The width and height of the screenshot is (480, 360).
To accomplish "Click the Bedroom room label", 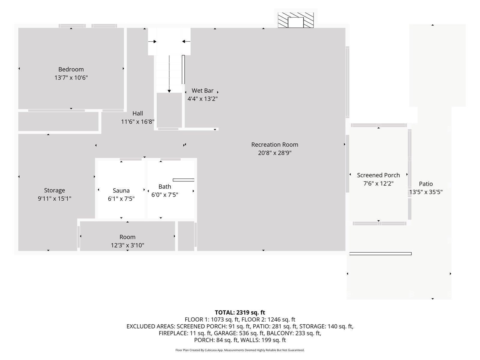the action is pyautogui.click(x=71, y=69).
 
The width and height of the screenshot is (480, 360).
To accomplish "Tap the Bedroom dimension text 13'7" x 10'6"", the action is pyautogui.click(x=71, y=78).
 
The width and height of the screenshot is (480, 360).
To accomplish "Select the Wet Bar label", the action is pyautogui.click(x=202, y=91).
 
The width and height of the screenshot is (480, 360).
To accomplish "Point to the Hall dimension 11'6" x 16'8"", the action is pyautogui.click(x=137, y=121).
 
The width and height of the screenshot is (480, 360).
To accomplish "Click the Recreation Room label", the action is pyautogui.click(x=274, y=145).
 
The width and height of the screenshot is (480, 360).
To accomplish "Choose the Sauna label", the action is pyautogui.click(x=121, y=190).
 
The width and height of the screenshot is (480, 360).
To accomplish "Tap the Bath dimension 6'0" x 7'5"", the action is pyautogui.click(x=165, y=194).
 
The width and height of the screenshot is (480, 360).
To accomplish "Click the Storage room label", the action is pyautogui.click(x=55, y=190).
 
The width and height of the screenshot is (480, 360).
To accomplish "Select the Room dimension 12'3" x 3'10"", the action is pyautogui.click(x=127, y=245).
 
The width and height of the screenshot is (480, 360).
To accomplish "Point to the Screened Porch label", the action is pyautogui.click(x=378, y=175).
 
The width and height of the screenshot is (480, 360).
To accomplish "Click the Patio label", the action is pyautogui.click(x=425, y=184).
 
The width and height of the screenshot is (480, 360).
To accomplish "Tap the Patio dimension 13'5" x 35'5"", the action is pyautogui.click(x=425, y=192).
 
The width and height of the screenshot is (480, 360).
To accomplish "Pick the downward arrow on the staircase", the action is pyautogui.click(x=169, y=74).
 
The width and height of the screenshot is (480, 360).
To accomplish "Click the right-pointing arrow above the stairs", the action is pyautogui.click(x=152, y=41).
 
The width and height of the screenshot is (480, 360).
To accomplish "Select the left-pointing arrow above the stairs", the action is pyautogui.click(x=186, y=41).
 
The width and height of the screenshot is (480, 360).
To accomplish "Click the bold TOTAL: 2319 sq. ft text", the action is pyautogui.click(x=240, y=312).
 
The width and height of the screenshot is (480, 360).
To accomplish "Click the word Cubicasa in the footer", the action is pyautogui.click(x=210, y=350).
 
